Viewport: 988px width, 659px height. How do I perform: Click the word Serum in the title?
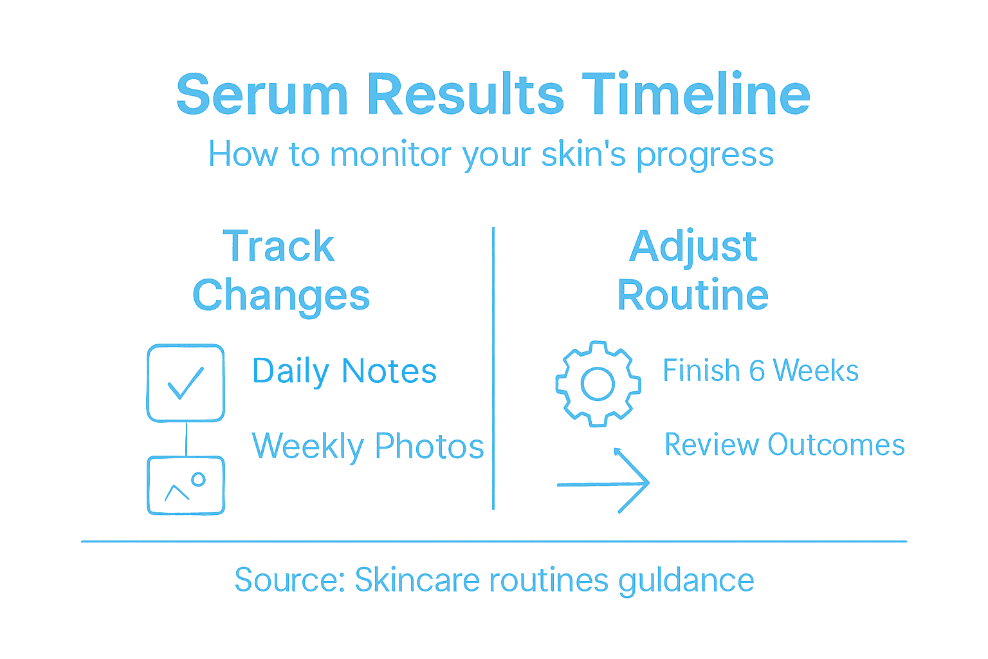point(262,95)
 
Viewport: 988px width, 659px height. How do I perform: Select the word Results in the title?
point(465,95)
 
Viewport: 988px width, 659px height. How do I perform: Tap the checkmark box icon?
point(186,383)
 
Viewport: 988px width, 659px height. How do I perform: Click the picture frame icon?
point(186,485)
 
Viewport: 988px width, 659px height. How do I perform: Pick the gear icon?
point(598,384)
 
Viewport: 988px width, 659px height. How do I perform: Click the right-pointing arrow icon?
point(605,483)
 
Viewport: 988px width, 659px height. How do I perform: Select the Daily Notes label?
point(344,371)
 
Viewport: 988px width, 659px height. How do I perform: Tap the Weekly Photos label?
point(367,446)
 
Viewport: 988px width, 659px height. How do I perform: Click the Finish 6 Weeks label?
point(760,371)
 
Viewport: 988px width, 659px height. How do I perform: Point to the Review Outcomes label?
point(784,445)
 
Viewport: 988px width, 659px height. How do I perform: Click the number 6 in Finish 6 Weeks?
point(756,371)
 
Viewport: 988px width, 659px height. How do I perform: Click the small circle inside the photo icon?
point(199,479)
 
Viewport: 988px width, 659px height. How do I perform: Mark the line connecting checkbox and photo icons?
point(186,439)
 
